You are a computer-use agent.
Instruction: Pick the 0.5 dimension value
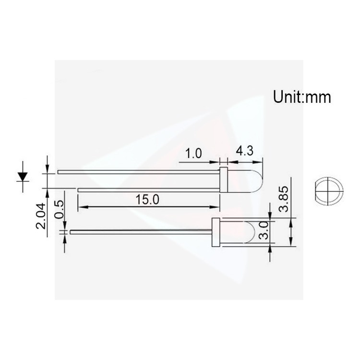click(59, 210)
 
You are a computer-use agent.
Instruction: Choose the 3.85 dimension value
click(285, 198)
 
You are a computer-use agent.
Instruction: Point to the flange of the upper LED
click(223, 180)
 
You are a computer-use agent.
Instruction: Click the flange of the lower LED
click(215, 233)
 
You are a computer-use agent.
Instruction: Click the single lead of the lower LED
click(139, 232)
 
